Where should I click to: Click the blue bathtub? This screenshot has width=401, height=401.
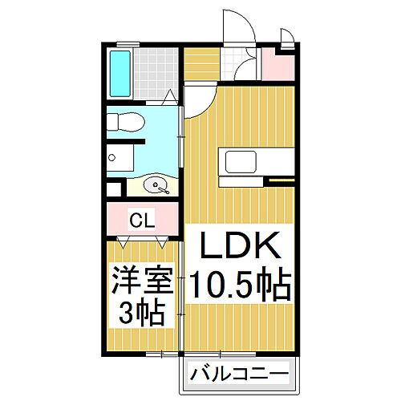[x=120, y=74]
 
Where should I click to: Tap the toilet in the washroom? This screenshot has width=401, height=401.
[x=126, y=122]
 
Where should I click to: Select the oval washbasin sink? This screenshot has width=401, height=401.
[x=156, y=185]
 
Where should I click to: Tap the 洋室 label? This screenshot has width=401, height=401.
[x=142, y=280]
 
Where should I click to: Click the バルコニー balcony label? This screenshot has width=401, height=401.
[x=239, y=374]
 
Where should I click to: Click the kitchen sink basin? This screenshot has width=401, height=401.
[x=241, y=162]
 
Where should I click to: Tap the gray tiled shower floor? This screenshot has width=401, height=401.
[x=156, y=74]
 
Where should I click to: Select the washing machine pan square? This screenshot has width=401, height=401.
[x=120, y=158]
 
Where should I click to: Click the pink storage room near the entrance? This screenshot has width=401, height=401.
[x=278, y=66]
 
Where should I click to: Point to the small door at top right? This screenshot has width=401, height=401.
[x=287, y=38]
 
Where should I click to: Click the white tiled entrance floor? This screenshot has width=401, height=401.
[x=238, y=64]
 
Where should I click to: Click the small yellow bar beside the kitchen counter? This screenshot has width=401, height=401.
[x=282, y=180]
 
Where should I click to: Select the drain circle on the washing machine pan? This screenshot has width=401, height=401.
[x=111, y=158]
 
